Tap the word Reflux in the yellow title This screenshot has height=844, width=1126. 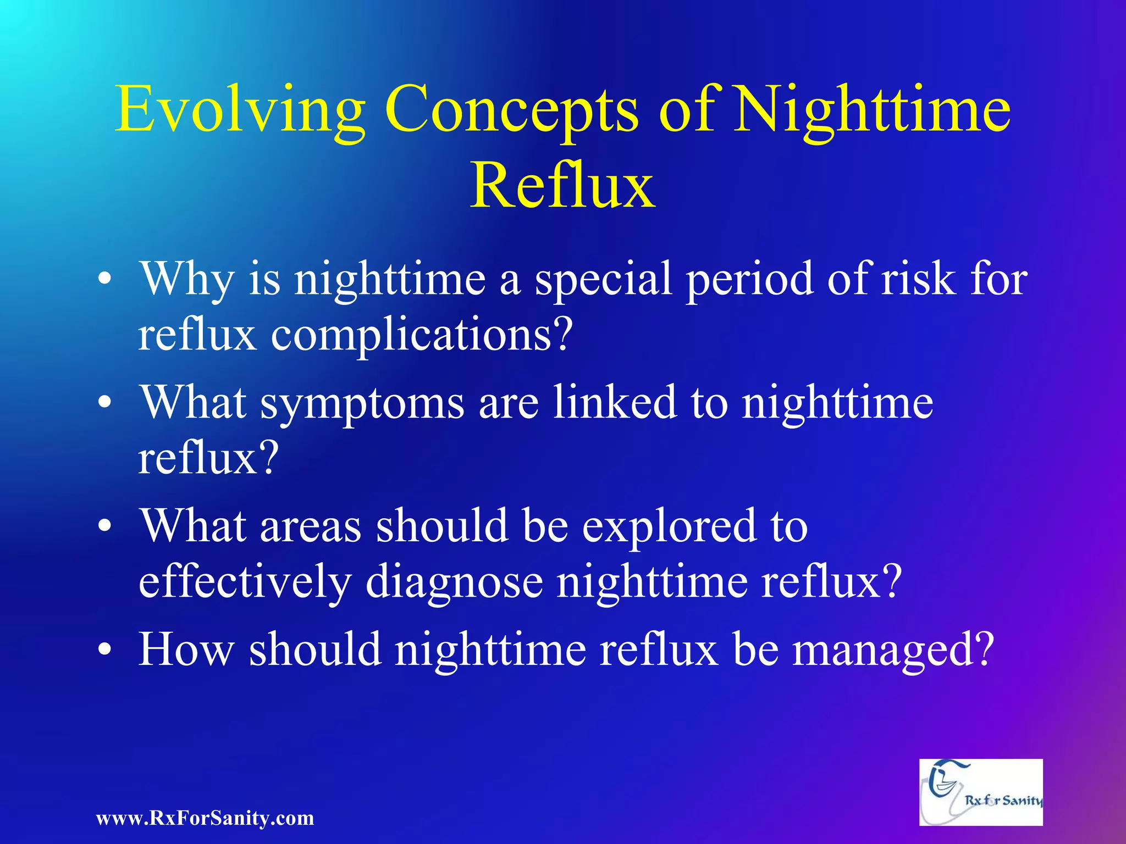[562, 186]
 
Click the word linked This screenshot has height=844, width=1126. [614, 402]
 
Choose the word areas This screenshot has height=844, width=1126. [310, 526]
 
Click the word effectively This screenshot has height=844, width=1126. [245, 582]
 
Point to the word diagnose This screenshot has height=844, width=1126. [454, 582]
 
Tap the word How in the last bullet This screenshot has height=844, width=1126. [187, 649]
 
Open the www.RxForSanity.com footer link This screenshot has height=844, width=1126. [205, 818]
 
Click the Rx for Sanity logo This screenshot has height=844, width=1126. [981, 792]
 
